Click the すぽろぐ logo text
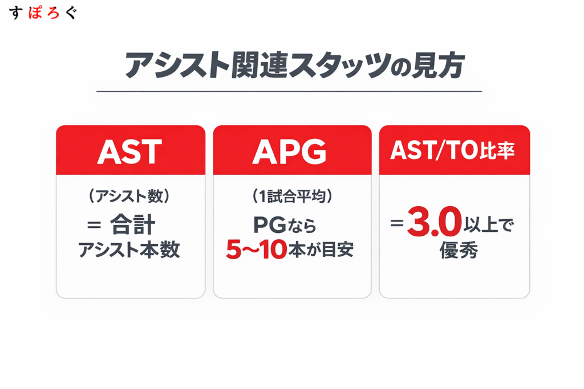pos(43,13)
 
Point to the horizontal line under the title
pos(289,91)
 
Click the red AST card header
pos(130,150)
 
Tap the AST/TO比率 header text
pos(454,150)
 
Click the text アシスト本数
pos(130,250)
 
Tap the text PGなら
pos(285,226)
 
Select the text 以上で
pos(491,226)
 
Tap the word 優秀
pos(454,251)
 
